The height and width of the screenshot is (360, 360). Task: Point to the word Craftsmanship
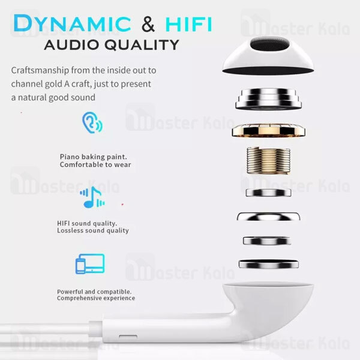coord(41,70)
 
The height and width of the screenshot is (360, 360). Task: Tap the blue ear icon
coord(91,123)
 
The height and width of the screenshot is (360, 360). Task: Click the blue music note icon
coord(91,197)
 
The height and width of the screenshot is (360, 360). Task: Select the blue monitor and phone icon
coord(90,264)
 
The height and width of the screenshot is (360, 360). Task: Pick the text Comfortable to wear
coord(95,164)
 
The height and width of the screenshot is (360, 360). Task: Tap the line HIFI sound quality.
coord(88,223)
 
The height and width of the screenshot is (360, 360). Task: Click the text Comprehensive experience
coord(96,298)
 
